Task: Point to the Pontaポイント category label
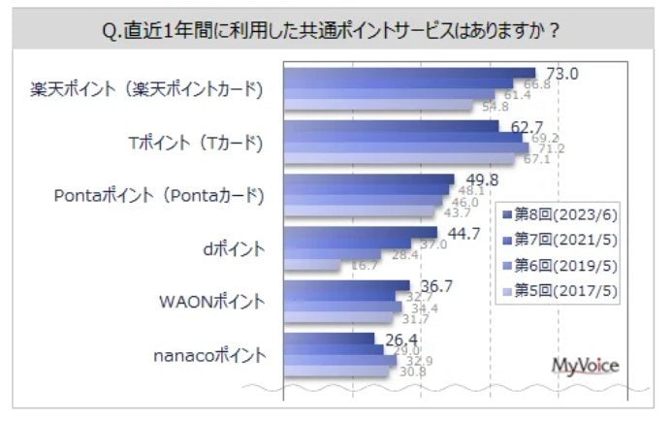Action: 159,195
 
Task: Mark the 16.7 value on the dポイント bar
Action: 364,265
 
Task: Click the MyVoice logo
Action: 585,365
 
